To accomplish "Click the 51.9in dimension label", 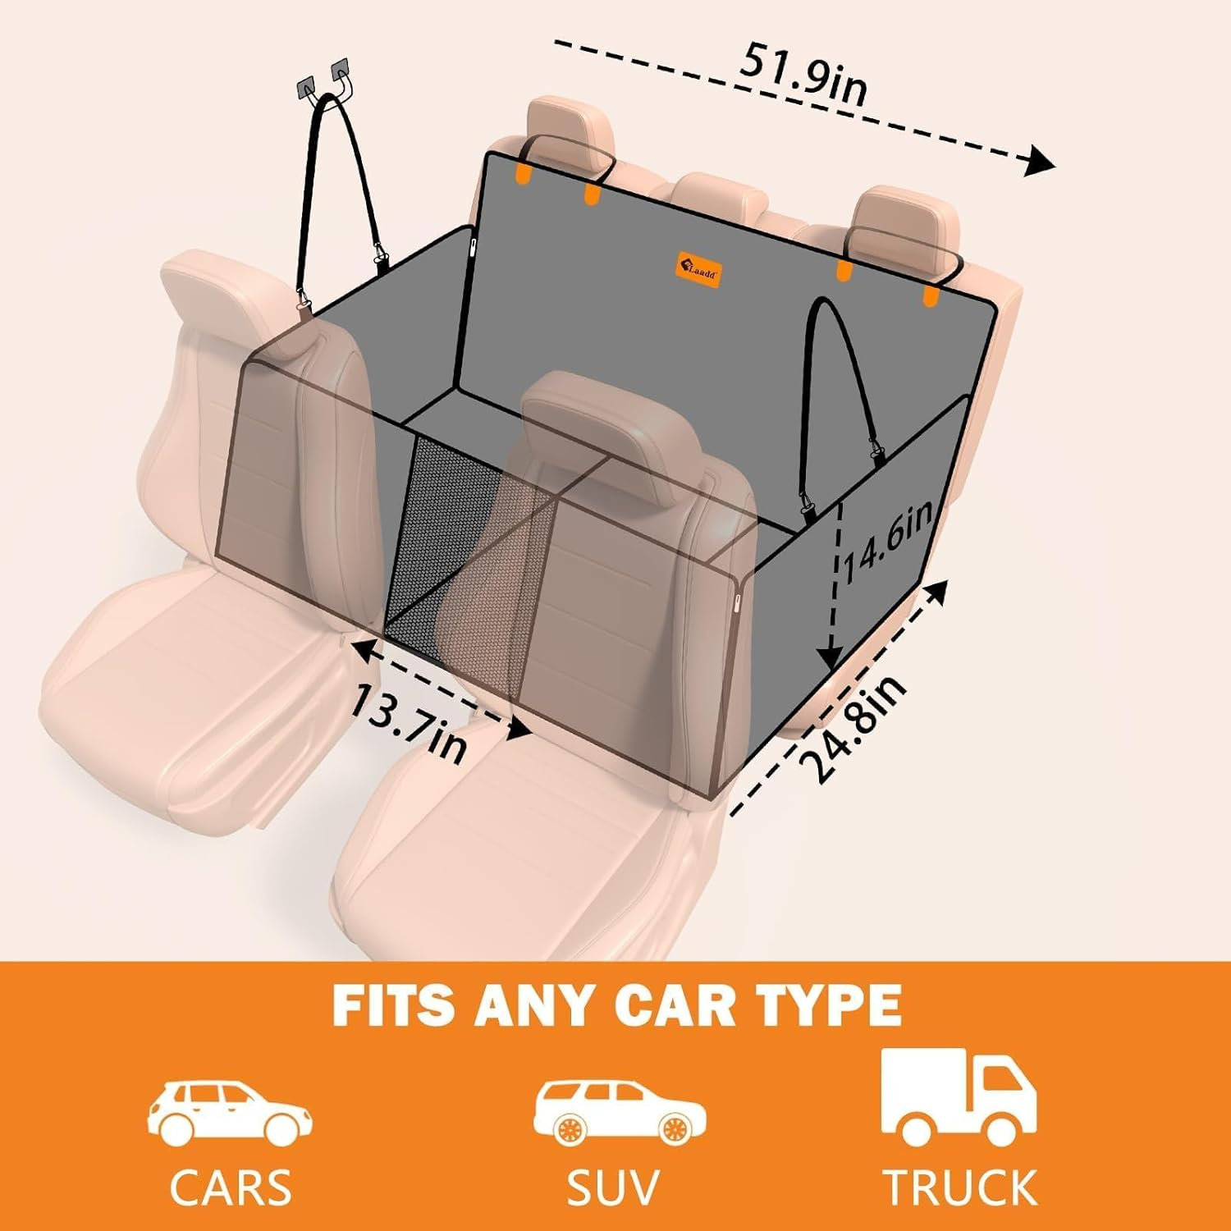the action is point(803,77).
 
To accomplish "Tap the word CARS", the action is point(231,1187).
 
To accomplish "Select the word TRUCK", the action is point(959,1187).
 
